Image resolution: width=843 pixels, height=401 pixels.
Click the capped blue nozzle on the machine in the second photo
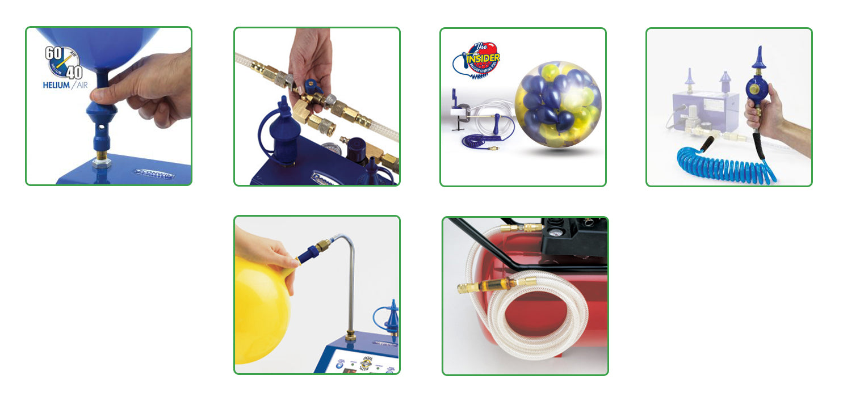(282, 130)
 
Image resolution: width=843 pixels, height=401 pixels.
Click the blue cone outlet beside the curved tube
(392, 320)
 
